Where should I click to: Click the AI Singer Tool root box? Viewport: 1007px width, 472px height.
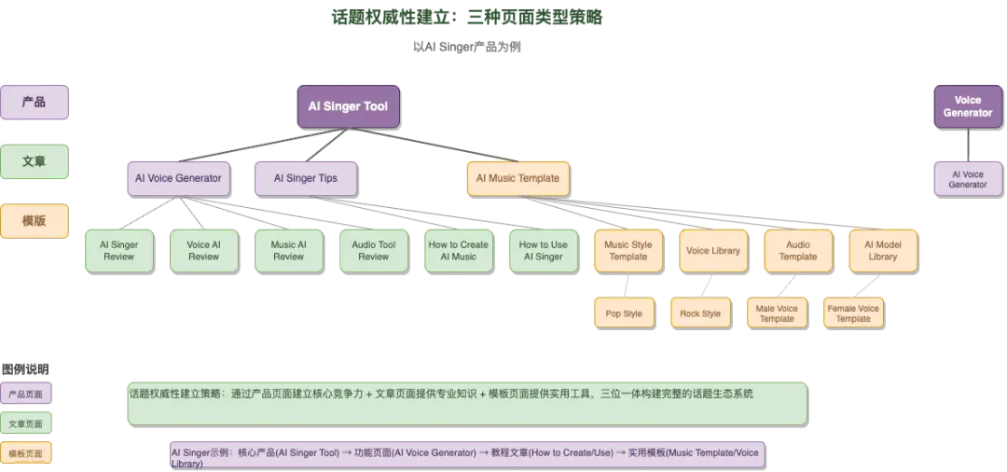[x=348, y=106]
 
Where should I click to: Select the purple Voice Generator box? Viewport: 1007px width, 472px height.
[x=967, y=106]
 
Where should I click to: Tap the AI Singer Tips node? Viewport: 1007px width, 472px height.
[x=305, y=177]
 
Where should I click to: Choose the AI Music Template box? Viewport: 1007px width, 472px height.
[x=517, y=177]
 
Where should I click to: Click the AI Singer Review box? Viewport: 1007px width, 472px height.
[x=118, y=250]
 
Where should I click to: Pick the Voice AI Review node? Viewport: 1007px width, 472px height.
[x=203, y=250]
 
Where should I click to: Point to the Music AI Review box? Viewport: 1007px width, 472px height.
[x=288, y=250]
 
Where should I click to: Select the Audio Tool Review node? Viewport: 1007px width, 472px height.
[x=373, y=250]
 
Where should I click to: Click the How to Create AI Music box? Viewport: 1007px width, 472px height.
[x=458, y=250]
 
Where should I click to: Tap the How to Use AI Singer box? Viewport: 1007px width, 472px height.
[x=543, y=250]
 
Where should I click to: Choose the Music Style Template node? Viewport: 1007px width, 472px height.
[x=628, y=250]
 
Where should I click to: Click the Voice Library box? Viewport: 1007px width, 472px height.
[x=712, y=250]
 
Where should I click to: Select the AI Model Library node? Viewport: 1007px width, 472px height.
[x=882, y=250]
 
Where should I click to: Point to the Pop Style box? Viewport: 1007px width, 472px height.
[x=624, y=313]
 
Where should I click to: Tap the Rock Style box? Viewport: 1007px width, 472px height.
[x=700, y=313]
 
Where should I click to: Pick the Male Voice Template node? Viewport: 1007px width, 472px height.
[x=777, y=313]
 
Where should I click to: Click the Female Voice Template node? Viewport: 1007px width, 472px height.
[x=853, y=313]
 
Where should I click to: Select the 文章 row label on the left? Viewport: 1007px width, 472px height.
[x=34, y=161]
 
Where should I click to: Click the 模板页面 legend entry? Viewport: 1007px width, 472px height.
[x=25, y=453]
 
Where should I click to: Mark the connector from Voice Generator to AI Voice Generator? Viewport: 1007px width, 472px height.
[x=967, y=145]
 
